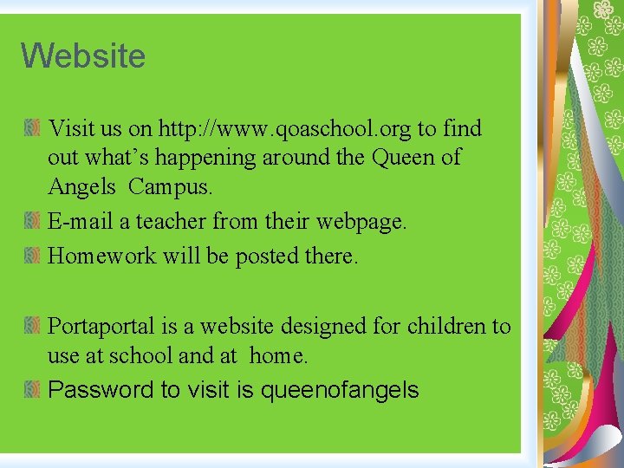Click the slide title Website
click(x=83, y=56)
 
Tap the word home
click(x=278, y=355)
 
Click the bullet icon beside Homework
click(x=31, y=256)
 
